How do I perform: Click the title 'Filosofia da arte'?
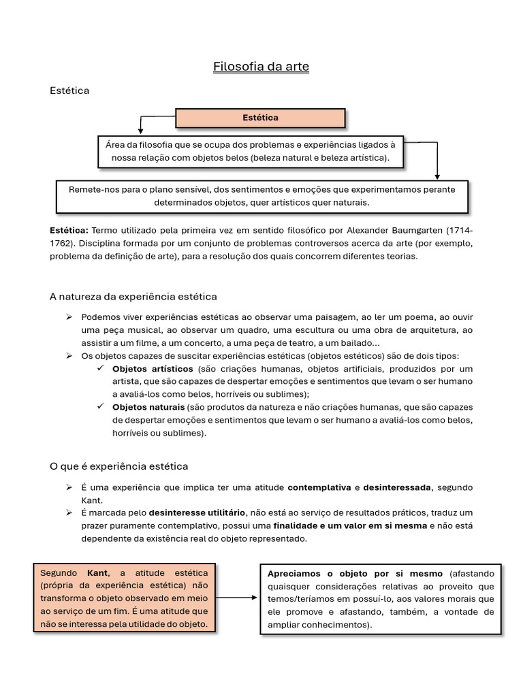tap(261, 67)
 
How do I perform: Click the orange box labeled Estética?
tap(260, 118)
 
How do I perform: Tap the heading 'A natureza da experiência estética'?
tap(133, 297)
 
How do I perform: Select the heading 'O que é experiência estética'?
tap(119, 466)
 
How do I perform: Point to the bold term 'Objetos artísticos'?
tap(153, 369)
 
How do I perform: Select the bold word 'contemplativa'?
tap(319, 488)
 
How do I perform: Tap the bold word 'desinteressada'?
tap(397, 488)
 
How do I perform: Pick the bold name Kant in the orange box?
tap(99, 572)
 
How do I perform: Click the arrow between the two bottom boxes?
tap(238, 598)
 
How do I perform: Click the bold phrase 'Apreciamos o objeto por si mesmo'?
tap(355, 573)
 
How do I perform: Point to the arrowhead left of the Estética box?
tap(140, 129)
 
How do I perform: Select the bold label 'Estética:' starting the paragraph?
tap(69, 230)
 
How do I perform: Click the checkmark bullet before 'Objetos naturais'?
tap(100, 407)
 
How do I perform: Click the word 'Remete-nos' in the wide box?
tap(93, 189)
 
